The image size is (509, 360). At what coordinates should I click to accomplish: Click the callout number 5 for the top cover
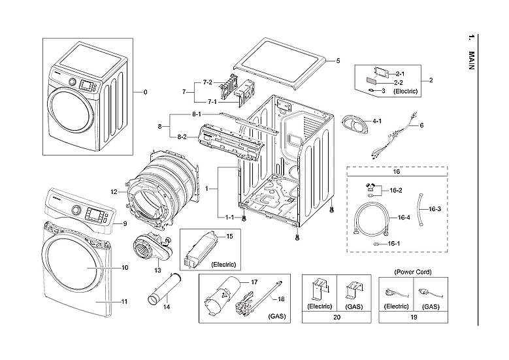coord(338,61)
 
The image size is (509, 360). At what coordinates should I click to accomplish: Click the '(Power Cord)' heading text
coord(413,271)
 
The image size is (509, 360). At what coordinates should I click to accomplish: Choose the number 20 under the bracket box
coord(336,318)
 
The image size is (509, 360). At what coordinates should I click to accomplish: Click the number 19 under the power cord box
coord(413,318)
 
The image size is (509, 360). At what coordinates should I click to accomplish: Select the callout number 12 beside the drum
coord(114,192)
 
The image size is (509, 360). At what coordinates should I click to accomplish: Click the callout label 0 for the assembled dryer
coord(145,92)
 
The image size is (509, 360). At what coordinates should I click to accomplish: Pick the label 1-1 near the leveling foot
coord(230,217)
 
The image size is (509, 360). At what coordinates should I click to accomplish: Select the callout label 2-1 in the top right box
coord(400,74)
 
